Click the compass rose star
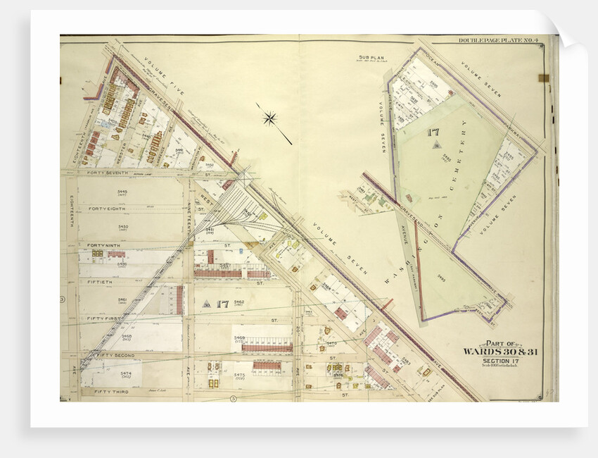269,118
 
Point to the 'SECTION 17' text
501,360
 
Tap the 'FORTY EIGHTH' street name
108,209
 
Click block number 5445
122,191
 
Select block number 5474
126,373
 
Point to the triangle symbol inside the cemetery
435,146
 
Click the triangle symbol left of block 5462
206,304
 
